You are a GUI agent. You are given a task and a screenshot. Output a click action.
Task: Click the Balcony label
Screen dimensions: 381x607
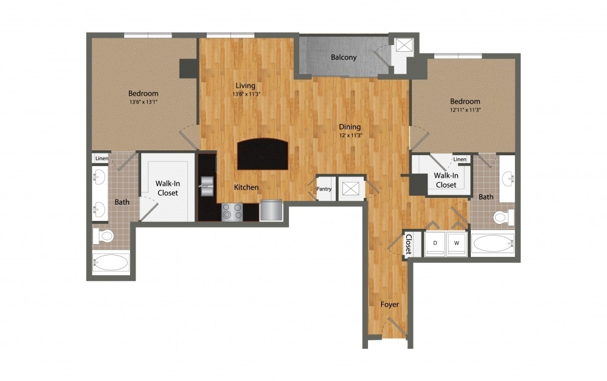[x=344, y=57]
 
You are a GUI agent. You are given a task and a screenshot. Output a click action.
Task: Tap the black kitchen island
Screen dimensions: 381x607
[x=262, y=154]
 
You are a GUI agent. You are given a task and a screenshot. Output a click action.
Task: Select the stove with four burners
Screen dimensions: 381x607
[x=231, y=211]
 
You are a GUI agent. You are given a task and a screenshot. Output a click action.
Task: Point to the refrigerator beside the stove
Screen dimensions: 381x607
[x=271, y=211]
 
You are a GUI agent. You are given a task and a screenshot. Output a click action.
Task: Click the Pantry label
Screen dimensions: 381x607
[x=324, y=189]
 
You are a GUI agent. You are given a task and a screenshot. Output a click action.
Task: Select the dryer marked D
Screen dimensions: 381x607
[x=435, y=243]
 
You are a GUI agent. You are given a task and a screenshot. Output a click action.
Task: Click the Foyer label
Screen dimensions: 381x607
[x=390, y=304]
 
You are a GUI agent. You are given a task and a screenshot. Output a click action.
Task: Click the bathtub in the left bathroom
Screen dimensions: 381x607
[x=111, y=263]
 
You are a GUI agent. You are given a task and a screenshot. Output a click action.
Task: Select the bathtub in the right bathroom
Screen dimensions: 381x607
[x=493, y=243]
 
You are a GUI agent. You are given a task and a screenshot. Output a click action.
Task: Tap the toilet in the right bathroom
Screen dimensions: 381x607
[x=502, y=217]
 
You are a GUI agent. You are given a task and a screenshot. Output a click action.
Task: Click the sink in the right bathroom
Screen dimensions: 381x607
[x=507, y=179]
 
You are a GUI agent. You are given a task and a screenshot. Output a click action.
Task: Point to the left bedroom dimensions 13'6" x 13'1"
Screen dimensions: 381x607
[x=144, y=102]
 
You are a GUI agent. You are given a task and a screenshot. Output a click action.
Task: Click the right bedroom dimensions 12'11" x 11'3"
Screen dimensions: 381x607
[x=465, y=110]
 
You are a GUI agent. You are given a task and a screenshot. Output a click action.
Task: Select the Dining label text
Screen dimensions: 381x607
[x=350, y=127]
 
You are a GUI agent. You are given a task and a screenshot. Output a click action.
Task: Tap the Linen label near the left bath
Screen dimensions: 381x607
[x=101, y=158]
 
